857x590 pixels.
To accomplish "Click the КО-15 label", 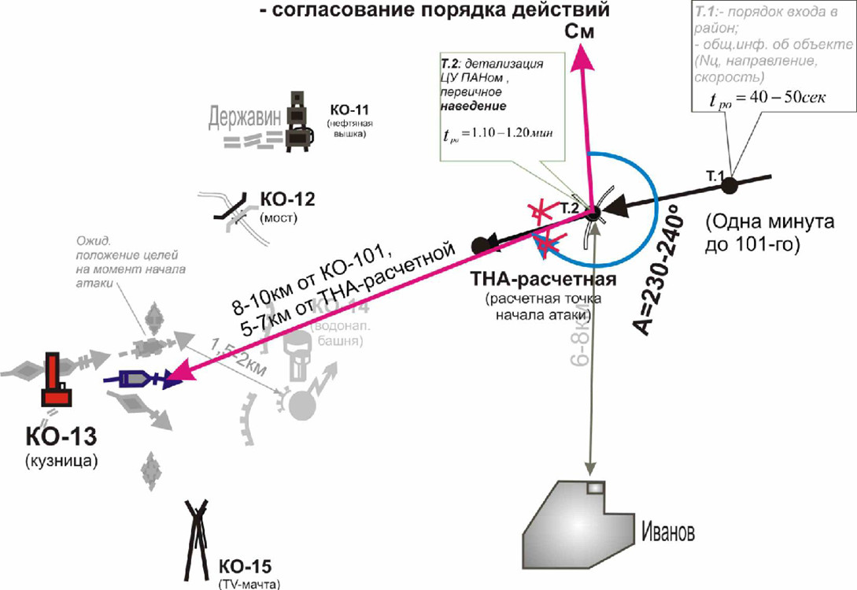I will coord(245,566).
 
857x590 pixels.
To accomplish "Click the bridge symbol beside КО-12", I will coord(229,208).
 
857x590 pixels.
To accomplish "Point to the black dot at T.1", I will coord(730,186).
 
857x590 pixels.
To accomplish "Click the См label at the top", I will coord(578,32).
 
